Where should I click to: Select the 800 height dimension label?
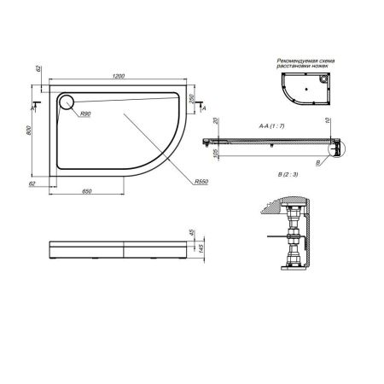[29, 129]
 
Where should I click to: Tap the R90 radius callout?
[85, 114]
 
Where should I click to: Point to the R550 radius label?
[201, 182]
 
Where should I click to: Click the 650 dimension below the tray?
[88, 193]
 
